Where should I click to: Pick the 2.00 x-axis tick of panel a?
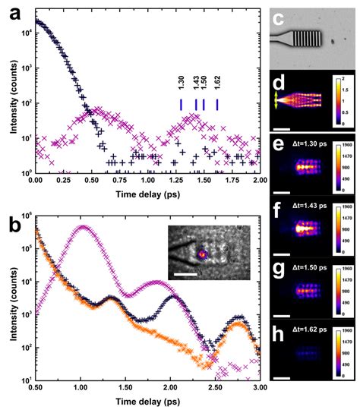(x=259, y=181)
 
